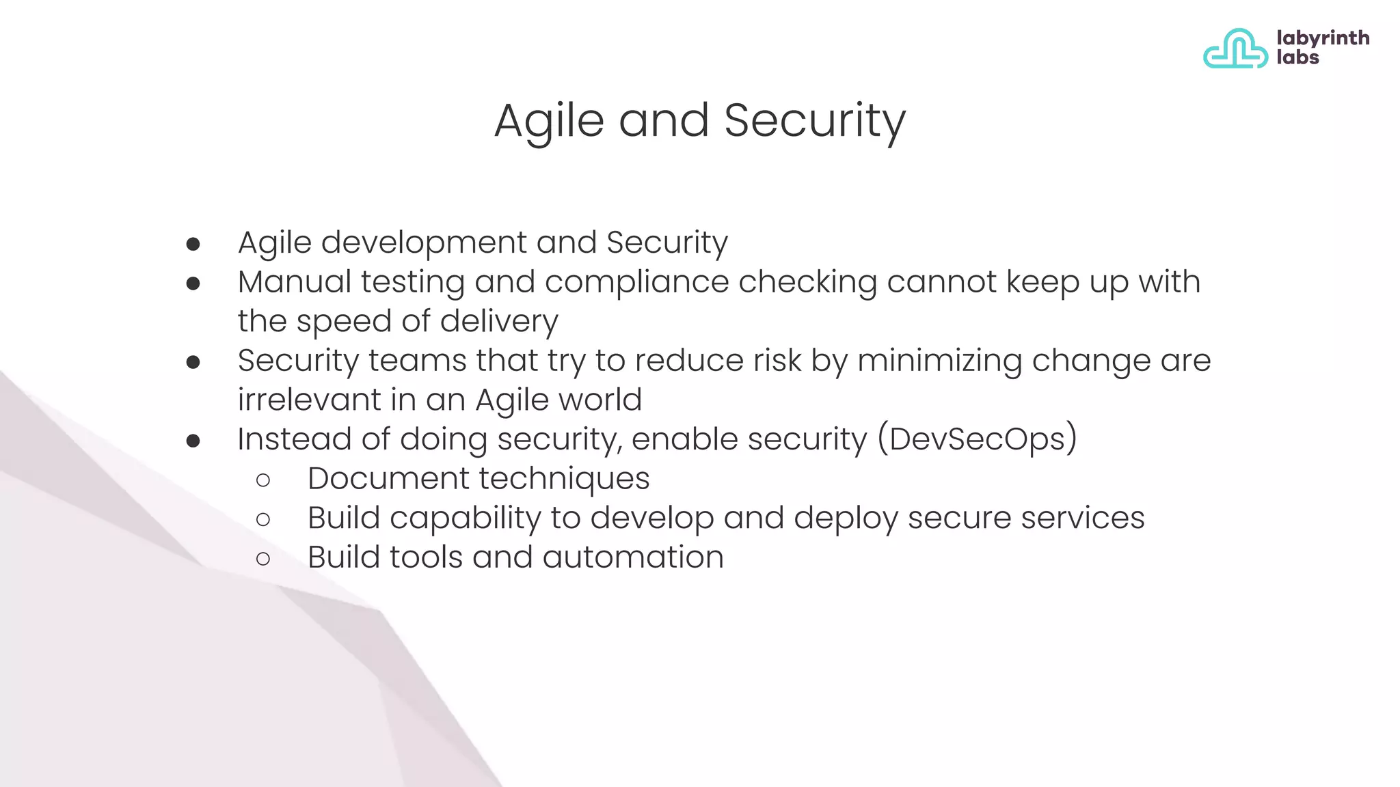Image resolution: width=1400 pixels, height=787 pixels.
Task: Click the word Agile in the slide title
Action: click(x=549, y=122)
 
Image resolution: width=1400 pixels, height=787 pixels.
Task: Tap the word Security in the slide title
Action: click(x=814, y=122)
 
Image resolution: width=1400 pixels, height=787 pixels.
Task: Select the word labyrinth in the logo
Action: click(x=1323, y=38)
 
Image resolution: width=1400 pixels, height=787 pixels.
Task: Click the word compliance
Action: click(x=636, y=283)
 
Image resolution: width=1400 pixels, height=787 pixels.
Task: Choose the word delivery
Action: click(x=498, y=322)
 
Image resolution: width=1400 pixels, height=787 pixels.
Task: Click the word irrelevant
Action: click(x=309, y=400)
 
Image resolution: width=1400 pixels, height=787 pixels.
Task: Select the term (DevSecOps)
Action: click(x=978, y=439)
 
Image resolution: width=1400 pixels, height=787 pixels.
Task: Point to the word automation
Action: click(x=633, y=557)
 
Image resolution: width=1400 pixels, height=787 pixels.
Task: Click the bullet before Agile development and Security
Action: click(x=193, y=244)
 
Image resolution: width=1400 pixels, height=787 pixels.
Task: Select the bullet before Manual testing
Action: click(x=193, y=283)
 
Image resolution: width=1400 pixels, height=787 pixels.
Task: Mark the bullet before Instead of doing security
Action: click(x=193, y=441)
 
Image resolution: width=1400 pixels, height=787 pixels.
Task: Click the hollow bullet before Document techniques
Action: click(x=263, y=480)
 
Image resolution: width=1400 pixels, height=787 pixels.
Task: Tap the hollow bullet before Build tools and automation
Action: click(x=263, y=559)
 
